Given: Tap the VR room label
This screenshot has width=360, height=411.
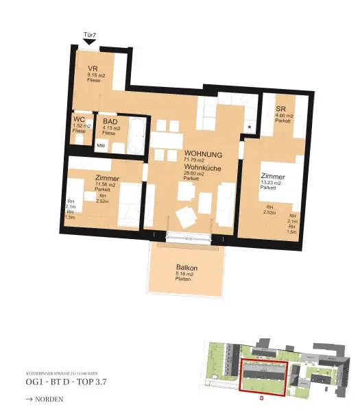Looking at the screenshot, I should click(93, 68).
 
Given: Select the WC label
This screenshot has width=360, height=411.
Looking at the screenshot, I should click(80, 119).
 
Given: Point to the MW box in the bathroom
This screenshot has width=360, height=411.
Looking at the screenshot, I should click(101, 146).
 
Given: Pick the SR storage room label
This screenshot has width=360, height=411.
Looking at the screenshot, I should click(281, 109).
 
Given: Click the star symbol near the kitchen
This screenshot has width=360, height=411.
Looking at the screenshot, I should click(249, 128).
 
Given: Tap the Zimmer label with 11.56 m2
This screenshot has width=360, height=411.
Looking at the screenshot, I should click(108, 178).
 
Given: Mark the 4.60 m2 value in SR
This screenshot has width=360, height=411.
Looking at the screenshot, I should click(285, 116).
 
